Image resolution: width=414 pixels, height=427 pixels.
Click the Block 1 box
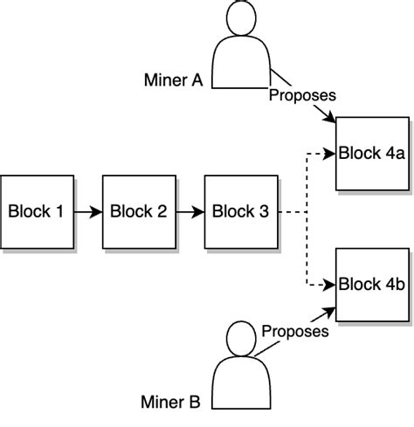click(37, 211)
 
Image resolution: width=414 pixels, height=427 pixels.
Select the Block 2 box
click(139, 211)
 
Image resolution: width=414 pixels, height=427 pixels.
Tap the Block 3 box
click(241, 211)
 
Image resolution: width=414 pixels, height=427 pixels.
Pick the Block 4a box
click(373, 154)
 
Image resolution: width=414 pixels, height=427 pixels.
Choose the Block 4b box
click(373, 284)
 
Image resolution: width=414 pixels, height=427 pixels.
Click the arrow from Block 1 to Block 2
click(87, 211)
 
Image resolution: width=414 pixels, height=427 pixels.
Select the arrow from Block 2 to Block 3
click(190, 211)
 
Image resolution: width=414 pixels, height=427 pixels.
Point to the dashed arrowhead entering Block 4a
click(330, 154)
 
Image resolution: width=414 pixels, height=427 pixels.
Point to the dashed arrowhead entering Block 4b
click(330, 284)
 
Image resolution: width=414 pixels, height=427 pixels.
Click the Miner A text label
click(173, 80)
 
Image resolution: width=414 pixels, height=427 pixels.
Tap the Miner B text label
click(170, 403)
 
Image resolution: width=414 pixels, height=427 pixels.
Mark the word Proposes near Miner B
click(295, 331)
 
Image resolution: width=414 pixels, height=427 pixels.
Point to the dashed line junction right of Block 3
click(307, 212)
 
